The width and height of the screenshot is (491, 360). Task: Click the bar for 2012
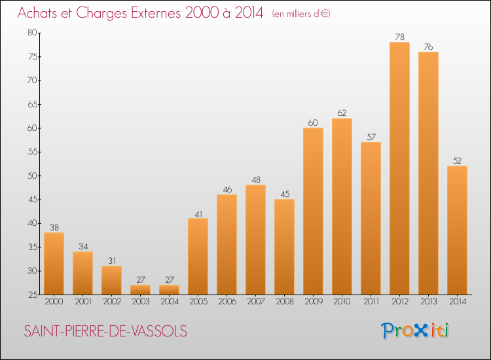pos(399,168)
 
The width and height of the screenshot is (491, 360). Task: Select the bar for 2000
pos(54,263)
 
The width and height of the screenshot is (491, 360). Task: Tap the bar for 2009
pos(313,211)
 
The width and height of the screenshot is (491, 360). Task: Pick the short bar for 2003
pos(140,289)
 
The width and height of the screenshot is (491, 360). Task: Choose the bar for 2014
pos(457,230)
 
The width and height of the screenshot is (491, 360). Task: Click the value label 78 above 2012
pos(400,37)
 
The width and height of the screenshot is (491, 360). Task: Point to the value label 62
pos(342,113)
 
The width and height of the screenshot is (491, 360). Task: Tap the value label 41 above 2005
pos(198,215)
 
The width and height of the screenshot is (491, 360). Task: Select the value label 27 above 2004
pos(170,279)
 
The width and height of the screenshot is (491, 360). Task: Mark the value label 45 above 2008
pos(285,194)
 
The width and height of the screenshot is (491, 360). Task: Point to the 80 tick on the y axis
pos(32,33)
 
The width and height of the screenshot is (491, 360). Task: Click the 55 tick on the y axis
pos(33,152)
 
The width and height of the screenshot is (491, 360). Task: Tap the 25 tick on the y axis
pos(33,295)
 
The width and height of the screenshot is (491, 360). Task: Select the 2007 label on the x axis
pos(256,301)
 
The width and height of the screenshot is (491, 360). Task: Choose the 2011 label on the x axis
pos(371,301)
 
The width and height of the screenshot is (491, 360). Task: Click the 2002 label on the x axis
pos(112,301)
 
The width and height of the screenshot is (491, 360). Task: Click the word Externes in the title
pos(156,13)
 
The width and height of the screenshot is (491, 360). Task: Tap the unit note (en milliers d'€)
pos(301,14)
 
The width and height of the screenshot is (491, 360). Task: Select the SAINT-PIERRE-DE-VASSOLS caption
pos(105,331)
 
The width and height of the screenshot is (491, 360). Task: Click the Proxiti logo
pos(415,331)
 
